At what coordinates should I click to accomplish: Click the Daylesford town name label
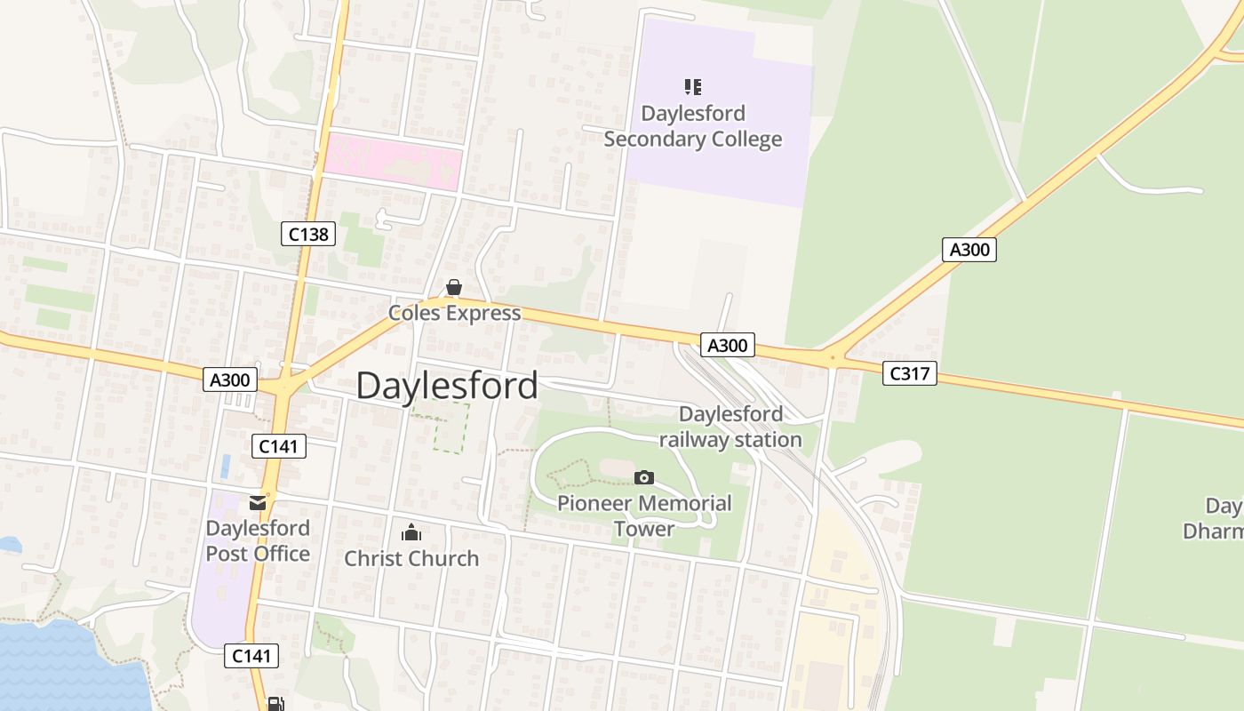click(x=447, y=386)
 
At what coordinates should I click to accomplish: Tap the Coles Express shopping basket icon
click(x=454, y=287)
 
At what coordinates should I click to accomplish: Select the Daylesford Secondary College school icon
click(x=693, y=87)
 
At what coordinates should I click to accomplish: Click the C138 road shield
click(x=309, y=235)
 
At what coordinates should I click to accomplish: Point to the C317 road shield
click(x=910, y=373)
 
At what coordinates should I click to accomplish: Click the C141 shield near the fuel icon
click(x=251, y=656)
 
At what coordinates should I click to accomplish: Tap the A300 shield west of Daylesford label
click(x=231, y=380)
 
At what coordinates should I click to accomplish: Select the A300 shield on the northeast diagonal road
click(x=969, y=250)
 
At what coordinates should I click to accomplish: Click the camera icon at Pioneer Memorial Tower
click(x=644, y=478)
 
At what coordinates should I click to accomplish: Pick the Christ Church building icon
click(x=411, y=533)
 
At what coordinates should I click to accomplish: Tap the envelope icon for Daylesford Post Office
click(x=258, y=503)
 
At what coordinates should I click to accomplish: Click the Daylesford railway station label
click(x=730, y=427)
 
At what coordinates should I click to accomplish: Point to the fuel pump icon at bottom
click(x=276, y=704)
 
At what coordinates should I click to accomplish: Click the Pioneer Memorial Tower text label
click(x=644, y=515)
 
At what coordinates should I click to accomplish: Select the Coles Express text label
click(x=454, y=313)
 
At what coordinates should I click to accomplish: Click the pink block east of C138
click(x=391, y=162)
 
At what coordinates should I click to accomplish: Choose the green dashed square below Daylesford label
click(x=451, y=427)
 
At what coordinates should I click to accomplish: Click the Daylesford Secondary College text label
click(x=693, y=126)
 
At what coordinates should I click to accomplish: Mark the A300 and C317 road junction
click(x=833, y=358)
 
